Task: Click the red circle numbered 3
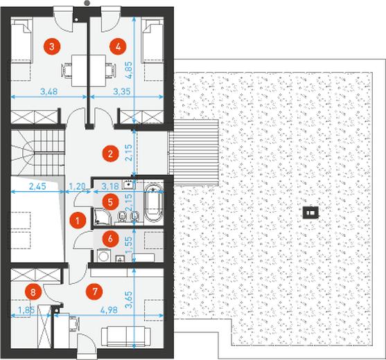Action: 52,46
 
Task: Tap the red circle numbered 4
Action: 119,46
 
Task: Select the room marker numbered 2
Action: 110,154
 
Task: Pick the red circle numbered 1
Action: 78,221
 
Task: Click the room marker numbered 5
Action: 110,202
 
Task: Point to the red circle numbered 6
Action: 110,238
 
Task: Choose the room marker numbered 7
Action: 95,291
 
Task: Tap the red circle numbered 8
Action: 33,292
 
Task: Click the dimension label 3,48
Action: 49,91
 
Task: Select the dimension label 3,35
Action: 122,91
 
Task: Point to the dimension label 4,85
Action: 129,70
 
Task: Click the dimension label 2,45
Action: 37,186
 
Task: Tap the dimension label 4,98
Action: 109,310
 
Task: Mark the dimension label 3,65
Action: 129,300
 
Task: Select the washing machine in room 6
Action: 104,255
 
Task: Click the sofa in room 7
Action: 126,336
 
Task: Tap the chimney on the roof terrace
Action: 310,212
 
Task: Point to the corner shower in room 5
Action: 102,216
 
